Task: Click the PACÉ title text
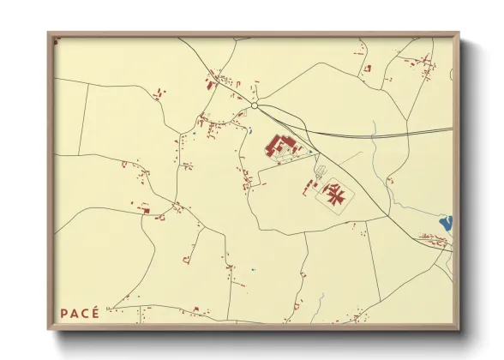(x=80, y=313)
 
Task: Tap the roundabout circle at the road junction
(x=255, y=106)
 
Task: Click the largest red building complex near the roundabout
(x=280, y=147)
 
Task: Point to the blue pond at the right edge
(x=445, y=225)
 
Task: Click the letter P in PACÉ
(x=64, y=313)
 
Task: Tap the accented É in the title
(x=95, y=312)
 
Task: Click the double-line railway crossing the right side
(x=386, y=134)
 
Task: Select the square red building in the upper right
(x=368, y=68)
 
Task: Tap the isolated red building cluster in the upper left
(x=158, y=94)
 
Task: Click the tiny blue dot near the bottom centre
(x=253, y=270)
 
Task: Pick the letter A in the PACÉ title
(x=74, y=313)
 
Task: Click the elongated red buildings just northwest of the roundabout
(x=210, y=84)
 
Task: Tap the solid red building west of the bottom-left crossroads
(x=145, y=208)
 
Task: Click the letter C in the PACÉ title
(x=84, y=313)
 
